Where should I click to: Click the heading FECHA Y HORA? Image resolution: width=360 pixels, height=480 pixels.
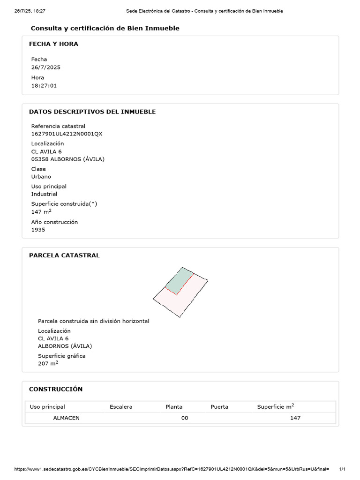coord(53,44)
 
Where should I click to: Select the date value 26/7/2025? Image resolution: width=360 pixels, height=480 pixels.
coord(45,67)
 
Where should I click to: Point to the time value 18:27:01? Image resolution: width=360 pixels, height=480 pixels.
coord(44,85)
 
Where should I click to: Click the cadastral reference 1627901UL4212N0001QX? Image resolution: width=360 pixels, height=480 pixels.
coord(67,134)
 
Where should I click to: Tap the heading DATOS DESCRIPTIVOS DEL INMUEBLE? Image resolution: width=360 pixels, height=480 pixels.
coord(92,112)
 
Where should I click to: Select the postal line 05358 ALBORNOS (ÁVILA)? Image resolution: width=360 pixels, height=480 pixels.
coord(67,159)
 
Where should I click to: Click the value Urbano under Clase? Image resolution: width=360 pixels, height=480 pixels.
coord(41,177)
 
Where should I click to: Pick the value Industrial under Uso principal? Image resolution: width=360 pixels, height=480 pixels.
coord(44,194)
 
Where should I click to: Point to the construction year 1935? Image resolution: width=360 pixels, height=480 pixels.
coord(38,230)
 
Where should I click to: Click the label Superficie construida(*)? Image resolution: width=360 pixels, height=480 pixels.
coord(64,204)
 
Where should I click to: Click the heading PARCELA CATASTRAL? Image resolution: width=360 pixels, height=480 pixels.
coord(64,255)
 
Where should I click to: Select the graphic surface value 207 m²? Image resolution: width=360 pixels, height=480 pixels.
coord(48,363)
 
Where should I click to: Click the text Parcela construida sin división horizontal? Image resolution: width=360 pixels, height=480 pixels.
coord(93,321)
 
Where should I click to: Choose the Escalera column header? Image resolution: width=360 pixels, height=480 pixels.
coord(121,407)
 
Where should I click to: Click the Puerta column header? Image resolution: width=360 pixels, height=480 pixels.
coord(219,407)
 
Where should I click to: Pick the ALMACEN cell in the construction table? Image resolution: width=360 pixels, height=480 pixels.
coord(66,418)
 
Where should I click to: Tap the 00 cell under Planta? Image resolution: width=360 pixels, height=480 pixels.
coord(185,418)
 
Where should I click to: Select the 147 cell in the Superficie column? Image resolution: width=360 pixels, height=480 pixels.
coord(295,418)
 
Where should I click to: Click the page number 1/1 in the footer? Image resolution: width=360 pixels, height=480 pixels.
coord(342,469)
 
